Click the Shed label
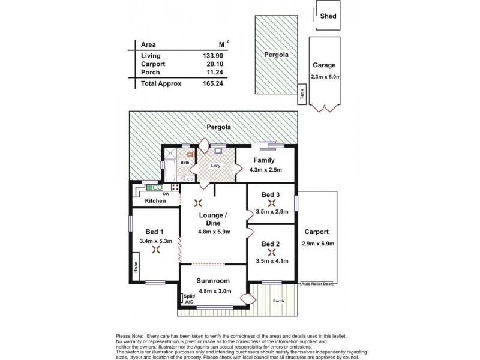pyautogui.click(x=328, y=16)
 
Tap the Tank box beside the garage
pyautogui.click(x=302, y=94)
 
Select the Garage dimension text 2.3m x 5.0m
pyautogui.click(x=325, y=77)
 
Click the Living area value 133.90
pyautogui.click(x=213, y=56)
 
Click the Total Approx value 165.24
pyautogui.click(x=213, y=83)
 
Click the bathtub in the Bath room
pyautogui.click(x=170, y=170)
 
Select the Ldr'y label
pyautogui.click(x=216, y=166)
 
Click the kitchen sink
pyautogui.click(x=155, y=187)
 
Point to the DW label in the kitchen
pyautogui.click(x=166, y=194)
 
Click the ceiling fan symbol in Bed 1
pyautogui.click(x=156, y=250)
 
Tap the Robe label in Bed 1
pyautogui.click(x=136, y=267)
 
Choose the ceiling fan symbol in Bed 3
pyautogui.click(x=272, y=203)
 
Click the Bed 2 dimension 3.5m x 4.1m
pyautogui.click(x=272, y=261)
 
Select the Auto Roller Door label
pyautogui.click(x=317, y=284)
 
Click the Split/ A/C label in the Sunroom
pyautogui.click(x=190, y=299)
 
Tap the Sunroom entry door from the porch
pyautogui.click(x=248, y=299)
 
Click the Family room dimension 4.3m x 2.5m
pyautogui.click(x=266, y=170)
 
